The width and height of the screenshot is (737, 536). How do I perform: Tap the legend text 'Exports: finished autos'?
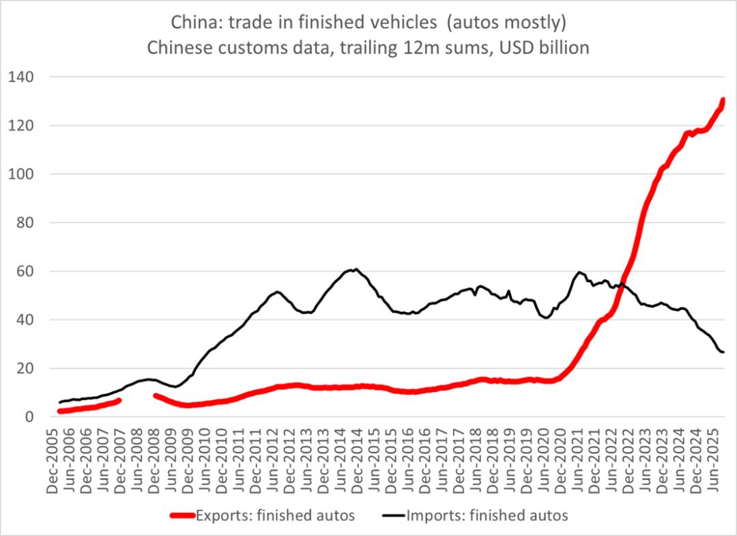coord(274,516)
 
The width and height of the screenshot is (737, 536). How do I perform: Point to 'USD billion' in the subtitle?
coord(539,48)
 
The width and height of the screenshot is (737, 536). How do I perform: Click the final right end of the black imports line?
coord(723,352)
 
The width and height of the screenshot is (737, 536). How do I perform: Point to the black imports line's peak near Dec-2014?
coord(356,269)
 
